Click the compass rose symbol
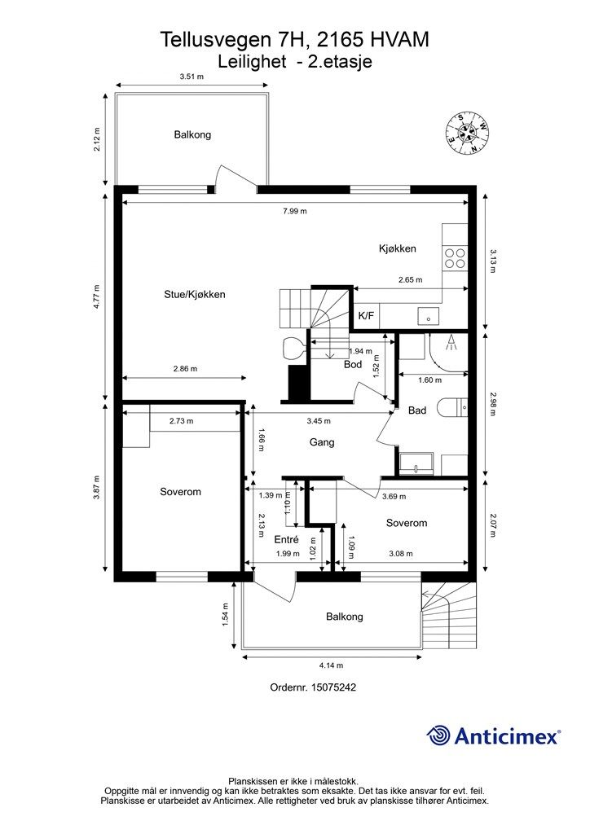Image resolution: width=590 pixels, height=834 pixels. click(x=468, y=133)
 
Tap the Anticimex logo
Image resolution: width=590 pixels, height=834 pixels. click(x=493, y=735)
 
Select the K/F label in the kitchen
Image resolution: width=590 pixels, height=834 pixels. click(x=366, y=316)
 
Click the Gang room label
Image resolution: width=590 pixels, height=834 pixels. click(x=322, y=442)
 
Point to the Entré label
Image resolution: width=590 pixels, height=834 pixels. click(x=286, y=539)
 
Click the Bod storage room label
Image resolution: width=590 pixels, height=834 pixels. click(x=353, y=364)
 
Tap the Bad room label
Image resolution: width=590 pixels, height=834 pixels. click(x=417, y=410)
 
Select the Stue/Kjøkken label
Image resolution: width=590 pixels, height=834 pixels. click(x=194, y=294)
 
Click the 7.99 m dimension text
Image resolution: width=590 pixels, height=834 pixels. click(x=295, y=211)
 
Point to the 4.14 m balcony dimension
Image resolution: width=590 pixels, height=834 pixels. click(x=331, y=665)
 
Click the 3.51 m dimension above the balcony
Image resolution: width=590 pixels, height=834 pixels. click(x=192, y=77)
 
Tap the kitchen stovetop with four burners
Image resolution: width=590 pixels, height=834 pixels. click(x=455, y=258)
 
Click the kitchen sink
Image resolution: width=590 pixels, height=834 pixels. click(x=429, y=316)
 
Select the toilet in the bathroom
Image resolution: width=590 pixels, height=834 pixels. click(x=452, y=409)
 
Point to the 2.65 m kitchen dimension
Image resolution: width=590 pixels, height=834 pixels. click(x=411, y=280)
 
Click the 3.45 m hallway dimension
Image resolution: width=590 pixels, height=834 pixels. click(x=318, y=421)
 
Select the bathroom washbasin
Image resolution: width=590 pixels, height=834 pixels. click(x=416, y=464)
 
